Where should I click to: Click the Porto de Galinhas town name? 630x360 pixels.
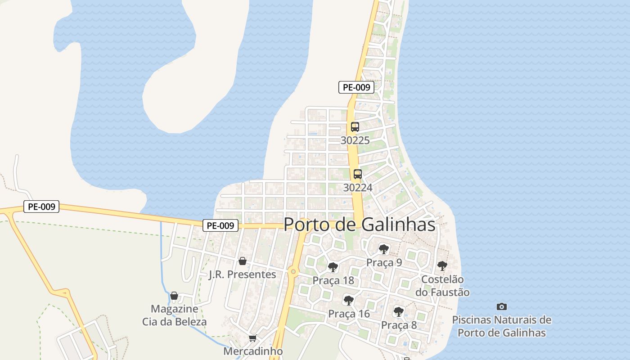click(x=360, y=225)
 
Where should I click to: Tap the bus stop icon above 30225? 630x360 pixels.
click(x=355, y=127)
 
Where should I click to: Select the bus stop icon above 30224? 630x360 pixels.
click(x=358, y=174)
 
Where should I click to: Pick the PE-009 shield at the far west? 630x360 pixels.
click(x=41, y=207)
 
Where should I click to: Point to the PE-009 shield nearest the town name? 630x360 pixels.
click(x=220, y=225)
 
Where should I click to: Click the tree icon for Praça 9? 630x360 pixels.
click(x=384, y=249)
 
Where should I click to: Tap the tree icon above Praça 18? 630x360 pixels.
click(x=333, y=267)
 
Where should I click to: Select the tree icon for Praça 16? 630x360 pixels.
click(x=348, y=300)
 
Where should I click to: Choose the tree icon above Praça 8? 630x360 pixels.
click(x=398, y=311)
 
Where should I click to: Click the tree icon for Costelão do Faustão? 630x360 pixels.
click(x=442, y=265)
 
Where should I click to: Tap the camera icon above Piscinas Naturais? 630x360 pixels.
click(x=502, y=307)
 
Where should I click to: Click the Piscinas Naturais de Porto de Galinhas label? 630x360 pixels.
click(x=502, y=327)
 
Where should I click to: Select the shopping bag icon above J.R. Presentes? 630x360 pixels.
click(x=242, y=261)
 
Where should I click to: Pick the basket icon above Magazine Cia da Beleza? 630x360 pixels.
click(x=174, y=296)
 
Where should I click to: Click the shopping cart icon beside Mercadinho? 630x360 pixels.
click(x=253, y=338)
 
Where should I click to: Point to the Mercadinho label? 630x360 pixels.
click(x=253, y=351)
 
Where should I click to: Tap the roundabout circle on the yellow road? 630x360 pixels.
click(x=293, y=271)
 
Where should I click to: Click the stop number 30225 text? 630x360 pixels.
click(x=355, y=140)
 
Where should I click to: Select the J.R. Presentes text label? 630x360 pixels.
click(x=242, y=274)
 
